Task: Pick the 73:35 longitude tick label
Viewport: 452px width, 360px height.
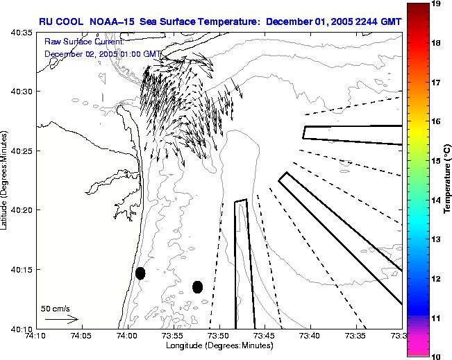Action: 356,336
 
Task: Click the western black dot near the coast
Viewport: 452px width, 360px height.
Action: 140,273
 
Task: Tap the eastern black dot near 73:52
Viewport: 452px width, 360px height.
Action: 197,286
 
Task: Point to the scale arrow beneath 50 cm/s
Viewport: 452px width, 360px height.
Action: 62,319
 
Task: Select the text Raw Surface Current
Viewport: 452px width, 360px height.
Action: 83,42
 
